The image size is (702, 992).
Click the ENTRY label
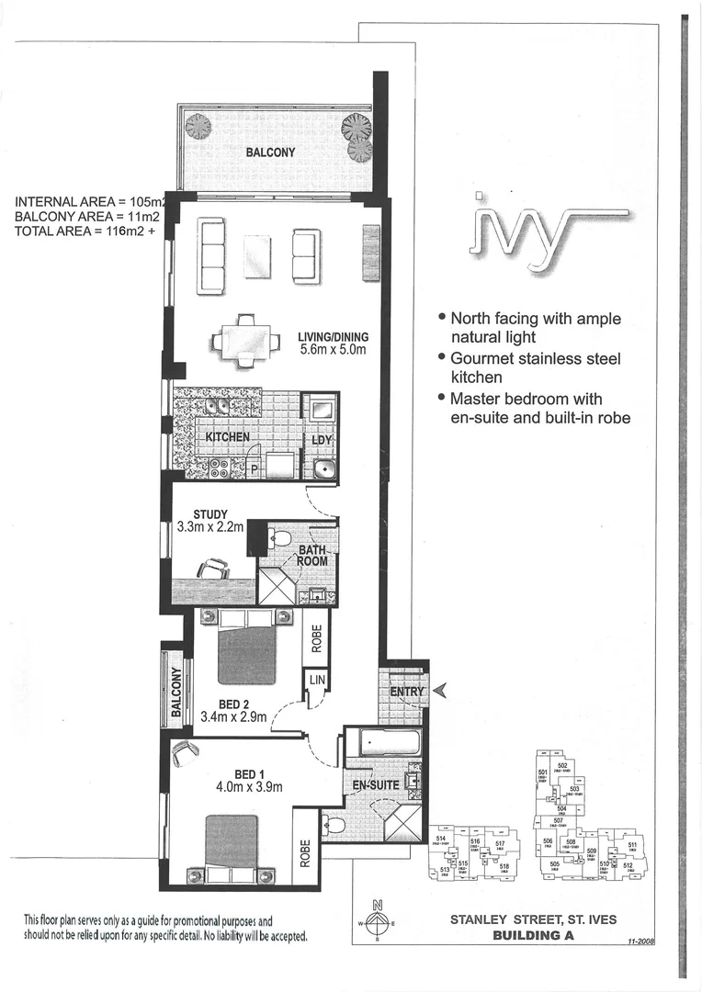(x=406, y=692)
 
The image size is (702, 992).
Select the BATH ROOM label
(x=312, y=556)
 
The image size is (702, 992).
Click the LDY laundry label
(x=322, y=441)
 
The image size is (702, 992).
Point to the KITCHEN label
(x=227, y=436)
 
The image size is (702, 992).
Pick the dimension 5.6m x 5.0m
(x=333, y=350)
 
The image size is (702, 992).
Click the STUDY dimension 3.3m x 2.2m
(x=210, y=527)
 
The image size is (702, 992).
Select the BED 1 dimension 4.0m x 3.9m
(x=248, y=786)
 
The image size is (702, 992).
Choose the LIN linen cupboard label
(x=316, y=679)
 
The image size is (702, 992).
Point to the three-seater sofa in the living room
(x=212, y=255)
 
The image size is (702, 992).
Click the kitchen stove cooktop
(x=221, y=467)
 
